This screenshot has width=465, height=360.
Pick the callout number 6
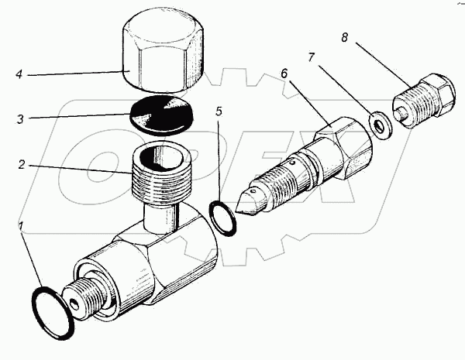284,73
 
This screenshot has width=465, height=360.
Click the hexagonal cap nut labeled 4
164,54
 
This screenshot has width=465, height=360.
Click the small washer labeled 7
381,125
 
